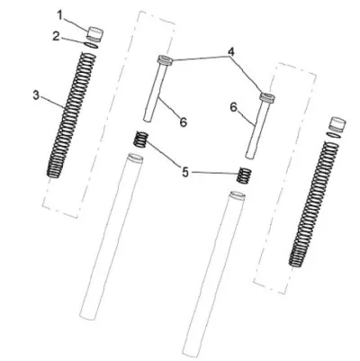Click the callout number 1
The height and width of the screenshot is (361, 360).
pyautogui.click(x=60, y=15)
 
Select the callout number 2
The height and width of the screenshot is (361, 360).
pyautogui.click(x=56, y=36)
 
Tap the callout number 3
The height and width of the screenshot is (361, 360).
pyautogui.click(x=36, y=95)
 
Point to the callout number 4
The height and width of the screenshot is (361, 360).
pyautogui.click(x=230, y=52)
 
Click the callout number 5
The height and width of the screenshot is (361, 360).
pyautogui.click(x=185, y=172)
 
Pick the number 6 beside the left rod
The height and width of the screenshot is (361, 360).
pyautogui.click(x=183, y=122)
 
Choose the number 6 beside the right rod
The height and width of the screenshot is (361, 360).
pyautogui.click(x=234, y=107)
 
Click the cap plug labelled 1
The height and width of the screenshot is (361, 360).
pyautogui.click(x=95, y=33)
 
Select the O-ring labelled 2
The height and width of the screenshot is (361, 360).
pyautogui.click(x=91, y=45)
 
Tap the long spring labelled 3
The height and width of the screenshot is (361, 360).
pyautogui.click(x=71, y=115)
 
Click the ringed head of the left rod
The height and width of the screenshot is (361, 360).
pyautogui.click(x=165, y=59)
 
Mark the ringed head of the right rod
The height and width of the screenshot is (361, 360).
pyautogui.click(x=267, y=97)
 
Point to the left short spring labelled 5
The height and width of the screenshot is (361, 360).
pyautogui.click(x=140, y=140)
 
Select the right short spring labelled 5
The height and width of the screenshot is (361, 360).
pyautogui.click(x=244, y=176)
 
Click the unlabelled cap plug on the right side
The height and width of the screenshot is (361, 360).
pyautogui.click(x=337, y=123)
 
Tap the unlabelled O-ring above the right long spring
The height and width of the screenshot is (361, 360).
pyautogui.click(x=335, y=135)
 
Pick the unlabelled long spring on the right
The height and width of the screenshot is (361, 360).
pyautogui.click(x=314, y=204)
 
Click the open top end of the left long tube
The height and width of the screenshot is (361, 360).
pyautogui.click(x=135, y=158)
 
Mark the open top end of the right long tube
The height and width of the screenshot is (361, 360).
pyautogui.click(x=237, y=196)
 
